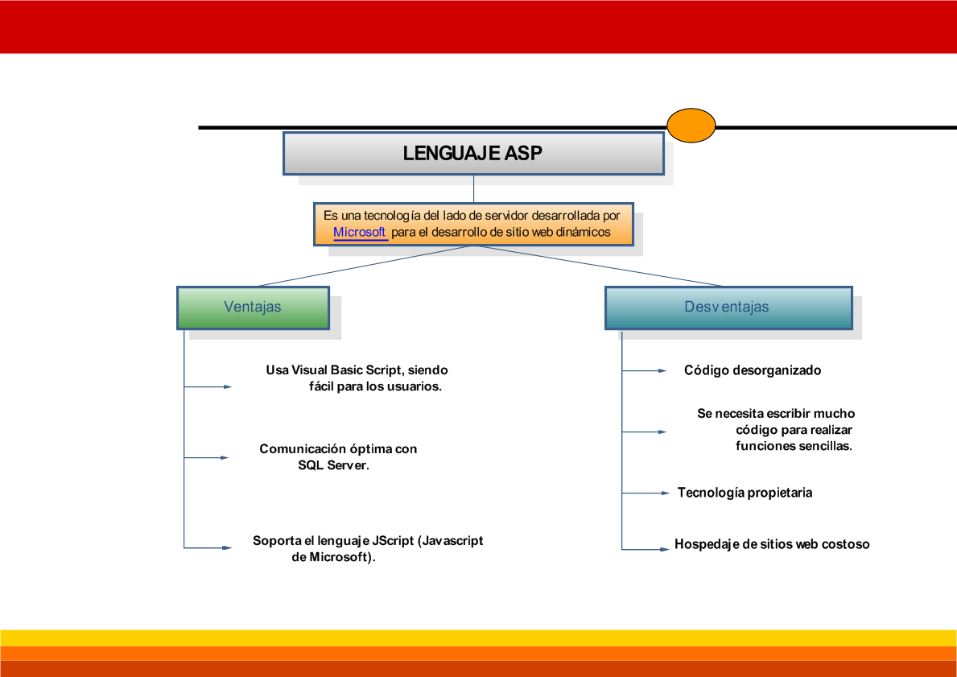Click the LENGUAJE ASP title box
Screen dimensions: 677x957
(x=473, y=154)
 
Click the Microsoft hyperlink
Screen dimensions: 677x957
(x=360, y=232)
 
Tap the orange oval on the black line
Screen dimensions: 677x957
(x=691, y=126)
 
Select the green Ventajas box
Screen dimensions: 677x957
(x=253, y=307)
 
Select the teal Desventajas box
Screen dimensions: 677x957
(x=728, y=307)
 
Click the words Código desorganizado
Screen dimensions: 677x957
(x=753, y=370)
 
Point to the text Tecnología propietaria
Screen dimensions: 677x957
(x=745, y=493)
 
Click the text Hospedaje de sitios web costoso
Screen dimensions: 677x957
(x=772, y=544)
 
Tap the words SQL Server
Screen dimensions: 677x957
(x=332, y=465)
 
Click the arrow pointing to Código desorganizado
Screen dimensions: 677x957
(x=644, y=371)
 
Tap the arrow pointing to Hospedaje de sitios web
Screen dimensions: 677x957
(x=646, y=549)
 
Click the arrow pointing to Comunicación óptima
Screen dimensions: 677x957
(x=207, y=458)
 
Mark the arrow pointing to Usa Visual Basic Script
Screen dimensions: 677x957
(x=208, y=387)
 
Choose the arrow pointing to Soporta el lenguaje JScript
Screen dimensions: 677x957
(x=208, y=548)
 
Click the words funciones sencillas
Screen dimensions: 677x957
(x=793, y=446)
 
